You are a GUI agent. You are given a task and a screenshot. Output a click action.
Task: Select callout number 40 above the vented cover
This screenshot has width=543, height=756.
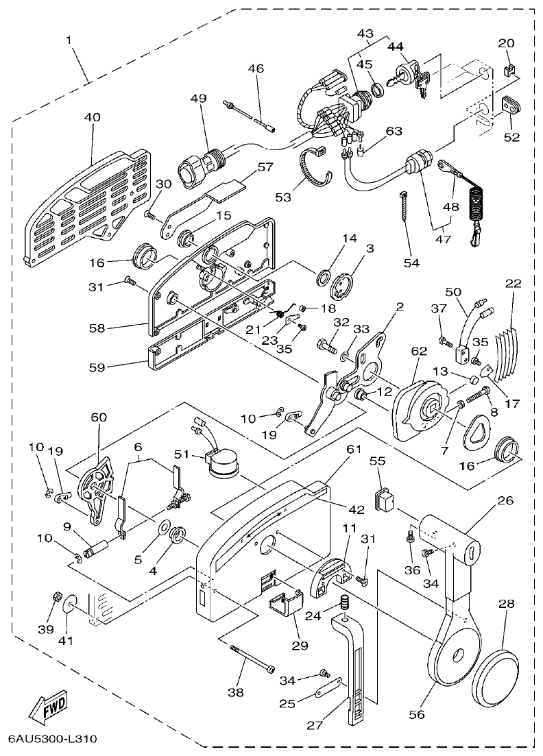tap(92, 117)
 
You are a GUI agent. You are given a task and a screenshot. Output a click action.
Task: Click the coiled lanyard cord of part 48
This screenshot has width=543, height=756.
tap(475, 206)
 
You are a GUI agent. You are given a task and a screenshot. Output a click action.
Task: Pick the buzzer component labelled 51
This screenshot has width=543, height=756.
tap(222, 465)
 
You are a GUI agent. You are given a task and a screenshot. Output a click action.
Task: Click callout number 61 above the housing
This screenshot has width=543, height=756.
tap(353, 449)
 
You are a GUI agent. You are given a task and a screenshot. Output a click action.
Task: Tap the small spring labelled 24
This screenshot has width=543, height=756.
tap(346, 605)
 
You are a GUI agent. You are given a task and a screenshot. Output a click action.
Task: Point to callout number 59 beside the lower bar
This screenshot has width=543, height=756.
tap(97, 367)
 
